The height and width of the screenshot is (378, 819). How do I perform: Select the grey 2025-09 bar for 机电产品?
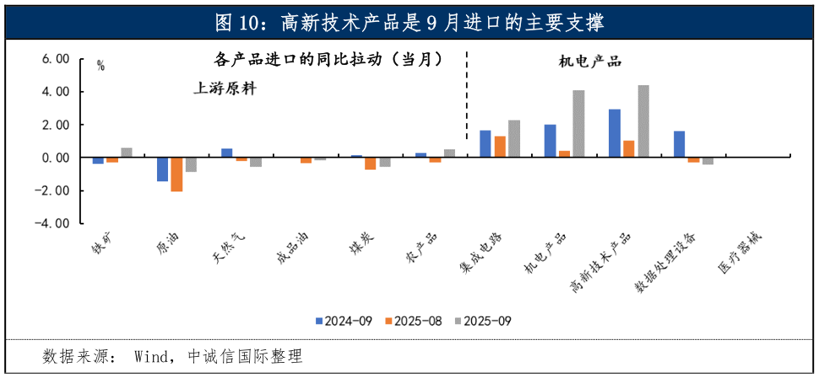(x=578, y=124)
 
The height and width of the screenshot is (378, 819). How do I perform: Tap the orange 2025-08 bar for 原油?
(x=176, y=175)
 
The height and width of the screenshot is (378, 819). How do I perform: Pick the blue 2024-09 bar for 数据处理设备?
(x=680, y=144)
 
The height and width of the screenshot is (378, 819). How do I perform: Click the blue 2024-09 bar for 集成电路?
(x=485, y=144)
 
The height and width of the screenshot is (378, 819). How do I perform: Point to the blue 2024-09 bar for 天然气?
(x=227, y=154)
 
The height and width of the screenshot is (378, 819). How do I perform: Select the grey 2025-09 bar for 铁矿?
(x=127, y=153)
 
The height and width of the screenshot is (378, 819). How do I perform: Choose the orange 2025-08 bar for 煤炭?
(x=371, y=164)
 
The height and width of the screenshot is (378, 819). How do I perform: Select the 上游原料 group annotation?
(x=225, y=89)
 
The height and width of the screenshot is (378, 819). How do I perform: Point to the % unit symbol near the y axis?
(x=100, y=66)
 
